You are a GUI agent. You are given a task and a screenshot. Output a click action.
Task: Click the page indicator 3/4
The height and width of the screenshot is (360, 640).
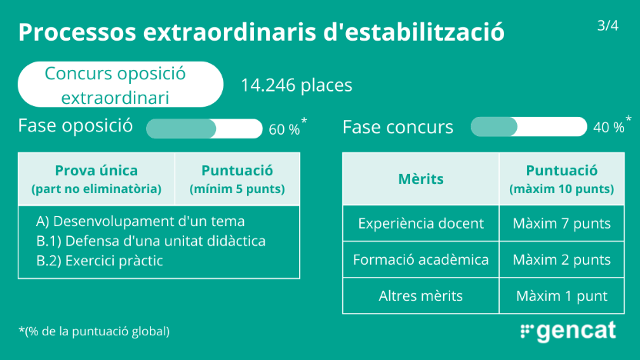[608, 25]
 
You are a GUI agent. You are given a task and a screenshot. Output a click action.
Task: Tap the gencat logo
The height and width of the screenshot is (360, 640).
[568, 331]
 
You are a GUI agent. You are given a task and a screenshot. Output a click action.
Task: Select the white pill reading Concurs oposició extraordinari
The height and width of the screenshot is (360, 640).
[121, 85]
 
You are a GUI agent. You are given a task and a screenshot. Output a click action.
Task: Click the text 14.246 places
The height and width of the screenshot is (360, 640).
[296, 85]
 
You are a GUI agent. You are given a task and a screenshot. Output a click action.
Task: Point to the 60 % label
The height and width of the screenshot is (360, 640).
[284, 129]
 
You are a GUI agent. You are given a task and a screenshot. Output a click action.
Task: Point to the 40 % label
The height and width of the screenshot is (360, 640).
[608, 128]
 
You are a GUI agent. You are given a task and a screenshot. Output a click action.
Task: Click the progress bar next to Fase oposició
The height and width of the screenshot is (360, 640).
[204, 129]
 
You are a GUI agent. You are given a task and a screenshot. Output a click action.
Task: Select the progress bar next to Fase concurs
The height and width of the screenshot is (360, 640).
[528, 126]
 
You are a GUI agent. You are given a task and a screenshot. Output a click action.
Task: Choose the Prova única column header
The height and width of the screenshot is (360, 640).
[96, 178]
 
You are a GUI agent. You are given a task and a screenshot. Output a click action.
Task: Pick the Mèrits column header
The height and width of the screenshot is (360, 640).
[421, 178]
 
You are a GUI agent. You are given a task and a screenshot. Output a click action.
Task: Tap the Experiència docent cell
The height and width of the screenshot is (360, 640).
[421, 223]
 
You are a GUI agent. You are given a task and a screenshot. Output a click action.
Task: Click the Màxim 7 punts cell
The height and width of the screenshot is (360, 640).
[562, 223]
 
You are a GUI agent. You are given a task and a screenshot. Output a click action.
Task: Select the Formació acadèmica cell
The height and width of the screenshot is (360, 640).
[421, 259]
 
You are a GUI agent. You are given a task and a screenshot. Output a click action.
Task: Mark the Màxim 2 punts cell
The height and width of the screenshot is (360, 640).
[562, 259]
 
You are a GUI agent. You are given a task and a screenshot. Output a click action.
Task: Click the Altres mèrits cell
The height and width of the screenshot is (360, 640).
[421, 295]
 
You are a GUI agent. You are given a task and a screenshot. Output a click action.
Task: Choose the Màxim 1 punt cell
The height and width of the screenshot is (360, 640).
[562, 295]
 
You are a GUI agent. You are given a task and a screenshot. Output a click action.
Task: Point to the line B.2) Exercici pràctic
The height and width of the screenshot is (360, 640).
[99, 261]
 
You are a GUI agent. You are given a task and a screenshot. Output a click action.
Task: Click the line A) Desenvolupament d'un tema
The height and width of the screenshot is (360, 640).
[141, 222]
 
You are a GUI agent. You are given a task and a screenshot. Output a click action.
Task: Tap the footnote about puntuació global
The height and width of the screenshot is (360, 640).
[95, 331]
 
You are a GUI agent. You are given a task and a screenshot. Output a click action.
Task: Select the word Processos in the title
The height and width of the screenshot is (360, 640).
[77, 32]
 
